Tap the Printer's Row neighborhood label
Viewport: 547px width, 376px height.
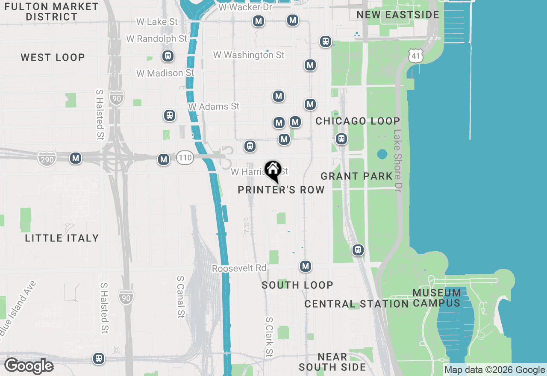pyautogui.click(x=281, y=190)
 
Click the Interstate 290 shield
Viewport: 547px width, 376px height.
pyautogui.click(x=47, y=159)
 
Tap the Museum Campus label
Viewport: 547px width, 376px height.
pyautogui.click(x=437, y=298)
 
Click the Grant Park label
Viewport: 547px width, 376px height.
pyautogui.click(x=356, y=176)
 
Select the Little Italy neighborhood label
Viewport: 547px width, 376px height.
pyautogui.click(x=62, y=238)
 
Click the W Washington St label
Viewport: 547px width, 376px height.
pyautogui.click(x=249, y=55)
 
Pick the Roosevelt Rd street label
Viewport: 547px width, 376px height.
pyautogui.click(x=239, y=268)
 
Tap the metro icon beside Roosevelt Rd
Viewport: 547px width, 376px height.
pyautogui.click(x=305, y=267)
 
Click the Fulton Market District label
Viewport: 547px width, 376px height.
pyautogui.click(x=52, y=12)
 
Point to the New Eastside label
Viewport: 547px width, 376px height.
pyautogui.click(x=398, y=15)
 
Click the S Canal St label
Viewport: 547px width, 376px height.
pyautogui.click(x=181, y=297)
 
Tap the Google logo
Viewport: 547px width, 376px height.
pyautogui.click(x=29, y=366)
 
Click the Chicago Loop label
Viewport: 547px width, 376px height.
pyautogui.click(x=358, y=121)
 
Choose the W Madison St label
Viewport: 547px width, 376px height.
pyautogui.click(x=165, y=73)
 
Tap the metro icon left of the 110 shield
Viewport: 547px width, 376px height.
pyautogui.click(x=164, y=159)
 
